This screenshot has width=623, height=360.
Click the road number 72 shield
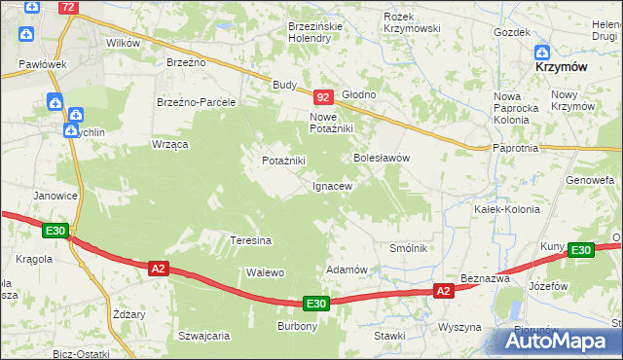tap(67, 7)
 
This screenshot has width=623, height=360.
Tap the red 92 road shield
tap(324, 97)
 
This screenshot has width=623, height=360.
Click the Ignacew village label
tap(332, 185)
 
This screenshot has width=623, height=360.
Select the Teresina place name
tap(250, 239)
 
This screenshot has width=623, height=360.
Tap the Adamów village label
tap(347, 270)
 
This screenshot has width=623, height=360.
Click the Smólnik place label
tap(410, 248)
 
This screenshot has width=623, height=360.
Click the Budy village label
tap(284, 85)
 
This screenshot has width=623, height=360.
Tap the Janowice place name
tap(55, 196)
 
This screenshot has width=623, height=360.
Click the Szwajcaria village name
tap(203, 336)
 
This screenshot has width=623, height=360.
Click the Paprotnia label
tap(516, 148)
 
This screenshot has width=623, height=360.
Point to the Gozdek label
tap(511, 32)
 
